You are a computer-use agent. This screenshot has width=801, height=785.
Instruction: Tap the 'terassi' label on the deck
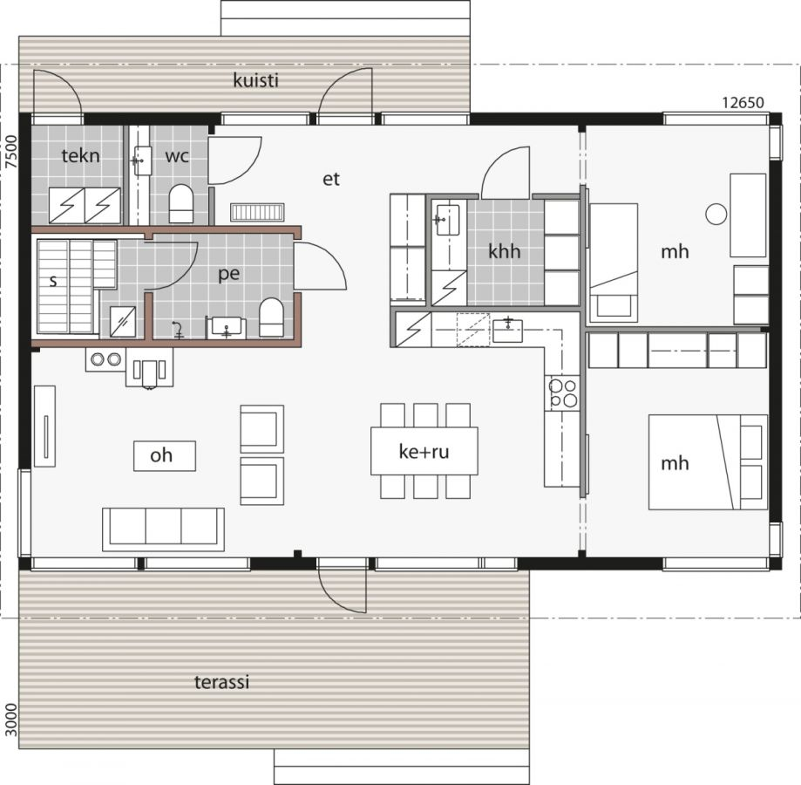pyautogui.click(x=221, y=682)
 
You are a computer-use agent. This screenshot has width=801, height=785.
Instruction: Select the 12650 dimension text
pyautogui.click(x=743, y=102)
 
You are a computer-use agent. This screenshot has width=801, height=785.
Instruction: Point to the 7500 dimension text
pyautogui.click(x=10, y=151)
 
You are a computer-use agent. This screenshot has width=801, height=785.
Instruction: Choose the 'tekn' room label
pyautogui.click(x=80, y=156)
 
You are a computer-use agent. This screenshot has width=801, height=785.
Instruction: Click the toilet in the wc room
pyautogui.click(x=180, y=202)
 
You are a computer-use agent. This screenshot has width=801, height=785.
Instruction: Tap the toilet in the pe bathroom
pyautogui.click(x=272, y=318)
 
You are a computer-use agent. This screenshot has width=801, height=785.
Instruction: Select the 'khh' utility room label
pyautogui.click(x=504, y=252)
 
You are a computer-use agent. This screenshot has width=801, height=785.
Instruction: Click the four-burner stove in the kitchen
pyautogui.click(x=563, y=392)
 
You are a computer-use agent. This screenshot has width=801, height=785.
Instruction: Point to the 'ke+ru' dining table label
pyautogui.click(x=424, y=452)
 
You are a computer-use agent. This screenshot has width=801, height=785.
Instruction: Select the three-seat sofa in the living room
pyautogui.click(x=163, y=529)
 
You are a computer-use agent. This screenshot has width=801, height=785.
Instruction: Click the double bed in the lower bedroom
pyautogui.click(x=708, y=461)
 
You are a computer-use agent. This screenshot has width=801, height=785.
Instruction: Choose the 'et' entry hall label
pyautogui.click(x=330, y=180)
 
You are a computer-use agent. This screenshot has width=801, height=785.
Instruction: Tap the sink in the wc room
pyautogui.click(x=142, y=160)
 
